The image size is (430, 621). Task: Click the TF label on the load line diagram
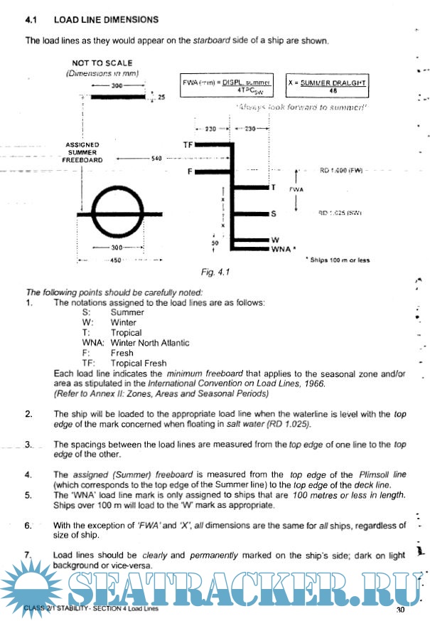coord(188,144)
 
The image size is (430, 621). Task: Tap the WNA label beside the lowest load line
coord(281,249)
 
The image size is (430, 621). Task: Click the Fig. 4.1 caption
coord(215,272)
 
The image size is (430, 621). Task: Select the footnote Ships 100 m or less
coord(340,260)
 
